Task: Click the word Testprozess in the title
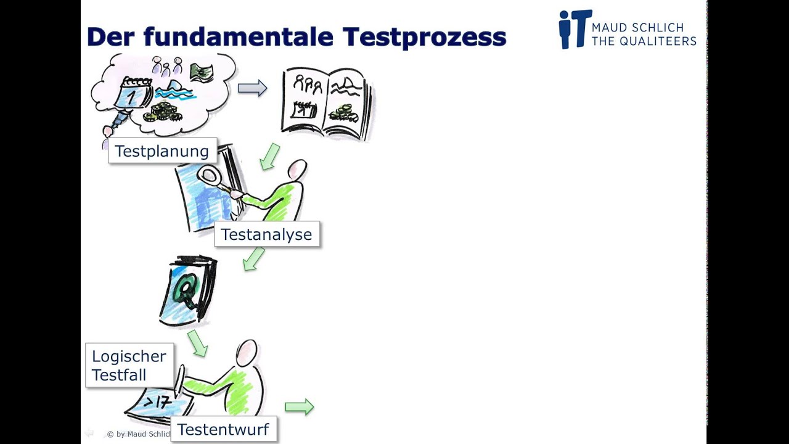point(425,37)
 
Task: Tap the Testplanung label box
point(162,151)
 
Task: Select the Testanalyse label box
point(267,234)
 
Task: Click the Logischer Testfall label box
point(129,365)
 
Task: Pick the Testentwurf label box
point(223,429)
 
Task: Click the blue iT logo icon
point(574,29)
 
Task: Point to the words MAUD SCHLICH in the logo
point(637,28)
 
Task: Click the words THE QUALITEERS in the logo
point(644,41)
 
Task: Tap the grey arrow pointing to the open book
point(252,88)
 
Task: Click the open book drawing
point(326,103)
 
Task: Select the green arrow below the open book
point(269,157)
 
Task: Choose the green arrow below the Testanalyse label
point(253,258)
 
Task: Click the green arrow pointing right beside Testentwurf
point(300,406)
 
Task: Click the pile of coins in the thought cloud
point(161,113)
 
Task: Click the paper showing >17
point(157,404)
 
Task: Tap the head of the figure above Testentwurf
point(247,351)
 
